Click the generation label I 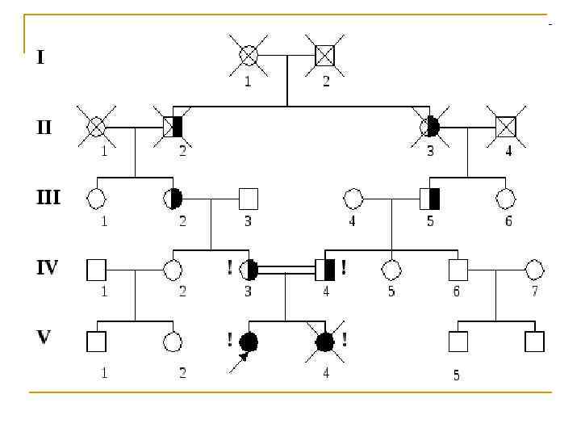pos(40,57)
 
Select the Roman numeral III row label pos(48,196)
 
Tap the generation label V pos(44,336)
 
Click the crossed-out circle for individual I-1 pos(249,55)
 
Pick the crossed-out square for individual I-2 pos(324,55)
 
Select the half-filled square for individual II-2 pos(173,126)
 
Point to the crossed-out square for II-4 pos(505,126)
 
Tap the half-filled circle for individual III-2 pos(173,198)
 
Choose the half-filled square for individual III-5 pos(429,198)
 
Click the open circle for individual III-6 pos(505,198)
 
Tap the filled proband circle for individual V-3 pos(249,342)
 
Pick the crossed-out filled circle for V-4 pos(324,342)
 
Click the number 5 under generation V pos(457,375)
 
